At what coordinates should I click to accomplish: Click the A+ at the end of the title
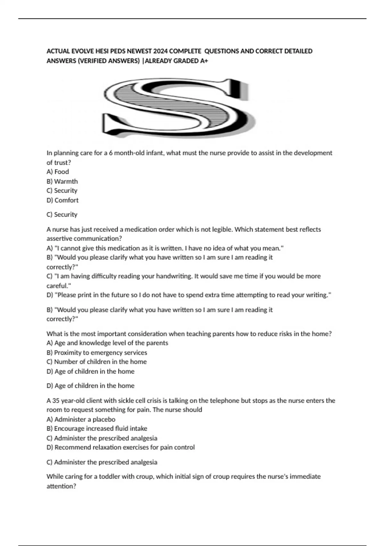(x=204, y=61)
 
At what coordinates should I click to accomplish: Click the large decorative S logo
(x=176, y=108)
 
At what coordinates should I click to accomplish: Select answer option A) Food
(x=58, y=172)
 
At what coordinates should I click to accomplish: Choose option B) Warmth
(x=62, y=181)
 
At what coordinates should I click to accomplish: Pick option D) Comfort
(x=63, y=200)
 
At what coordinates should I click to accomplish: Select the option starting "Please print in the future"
(x=189, y=295)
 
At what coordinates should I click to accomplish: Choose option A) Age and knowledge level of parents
(x=107, y=343)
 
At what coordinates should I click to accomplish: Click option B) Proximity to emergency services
(x=97, y=353)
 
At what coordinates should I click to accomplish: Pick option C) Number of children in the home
(x=97, y=362)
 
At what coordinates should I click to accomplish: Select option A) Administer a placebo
(x=81, y=419)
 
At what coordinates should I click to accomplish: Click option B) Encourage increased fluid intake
(x=97, y=428)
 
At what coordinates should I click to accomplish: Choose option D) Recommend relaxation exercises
(x=121, y=447)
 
